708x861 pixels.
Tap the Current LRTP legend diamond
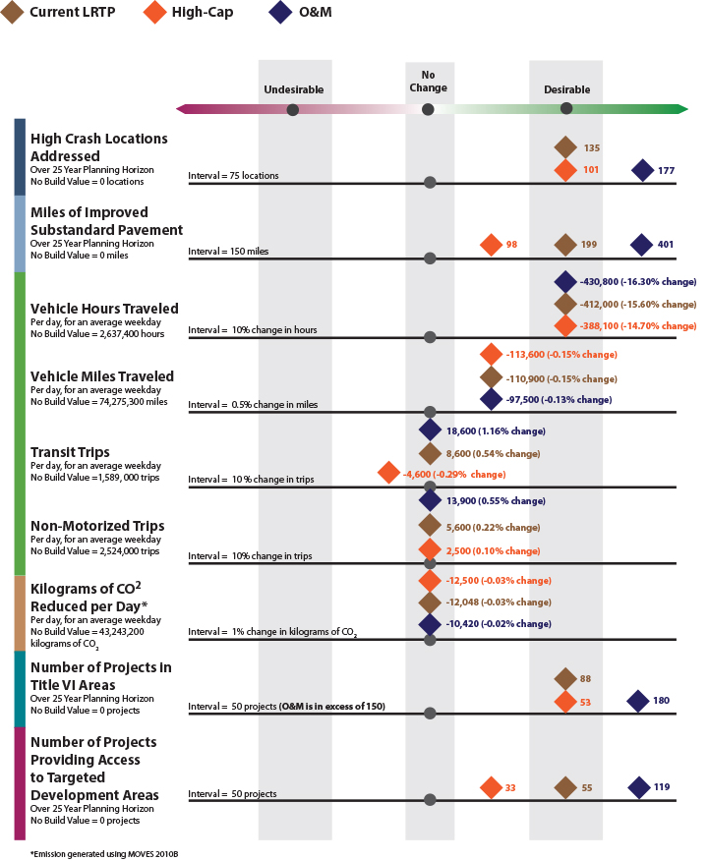(x=14, y=16)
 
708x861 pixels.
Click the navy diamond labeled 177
(x=642, y=170)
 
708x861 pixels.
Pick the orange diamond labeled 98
(x=490, y=245)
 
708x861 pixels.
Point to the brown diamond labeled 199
(x=564, y=245)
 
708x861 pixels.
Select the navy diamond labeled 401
(x=641, y=245)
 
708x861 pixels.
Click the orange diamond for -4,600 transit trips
(x=388, y=474)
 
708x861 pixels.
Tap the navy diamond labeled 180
(x=638, y=701)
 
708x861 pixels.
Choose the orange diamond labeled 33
(x=491, y=787)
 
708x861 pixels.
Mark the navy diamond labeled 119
(x=639, y=787)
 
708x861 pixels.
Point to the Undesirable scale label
(x=293, y=89)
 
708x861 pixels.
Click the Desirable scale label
(x=567, y=89)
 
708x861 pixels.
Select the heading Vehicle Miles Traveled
(x=102, y=376)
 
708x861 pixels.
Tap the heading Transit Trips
(x=70, y=452)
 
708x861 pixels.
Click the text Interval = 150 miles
(x=228, y=252)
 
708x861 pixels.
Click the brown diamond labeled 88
(x=564, y=678)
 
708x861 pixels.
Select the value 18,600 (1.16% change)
(x=495, y=430)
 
